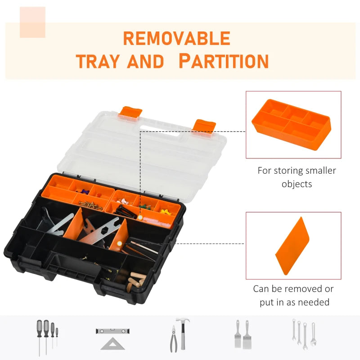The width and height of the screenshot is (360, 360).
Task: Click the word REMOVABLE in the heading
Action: pos(176,39)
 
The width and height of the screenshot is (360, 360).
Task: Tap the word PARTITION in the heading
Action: pos(223,61)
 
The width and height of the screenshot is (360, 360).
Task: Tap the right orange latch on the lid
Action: pos(204,126)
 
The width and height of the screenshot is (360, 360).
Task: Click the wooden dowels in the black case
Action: pos(135,280)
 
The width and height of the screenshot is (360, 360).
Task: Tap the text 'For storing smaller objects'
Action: pos(297,177)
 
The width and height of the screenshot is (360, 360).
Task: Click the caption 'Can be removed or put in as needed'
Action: pos(293,295)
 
